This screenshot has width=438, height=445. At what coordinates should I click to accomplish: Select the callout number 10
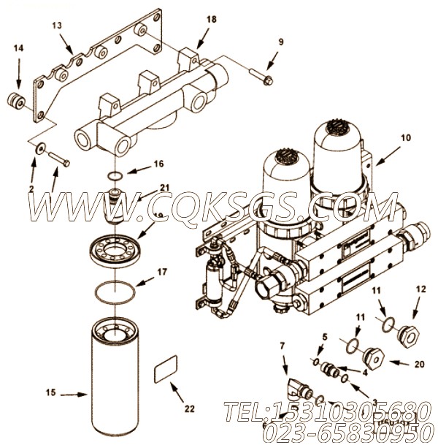[x=406, y=137]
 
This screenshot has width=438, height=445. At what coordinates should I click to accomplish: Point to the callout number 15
[x=50, y=393]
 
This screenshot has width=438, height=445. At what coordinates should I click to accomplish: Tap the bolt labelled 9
[x=263, y=75]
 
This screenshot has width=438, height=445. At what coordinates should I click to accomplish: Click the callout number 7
[x=283, y=345]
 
